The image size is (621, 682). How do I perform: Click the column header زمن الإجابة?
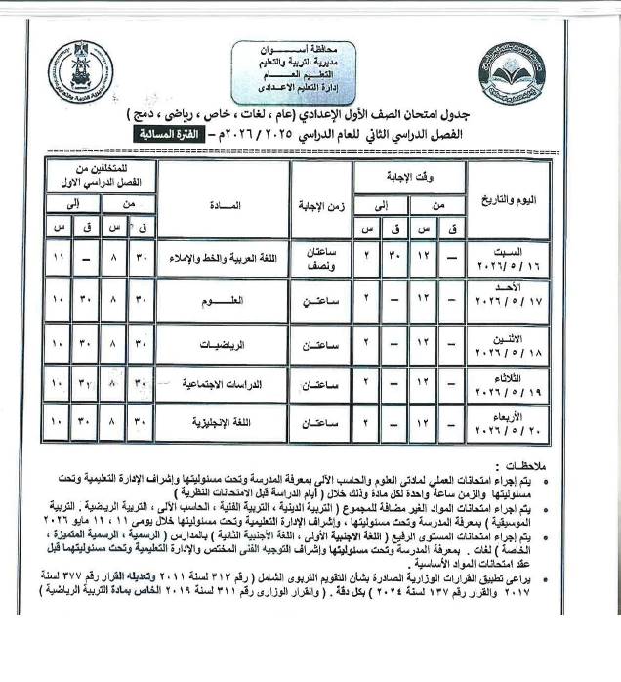tap(316, 207)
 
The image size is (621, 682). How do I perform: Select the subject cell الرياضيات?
tap(228, 345)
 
